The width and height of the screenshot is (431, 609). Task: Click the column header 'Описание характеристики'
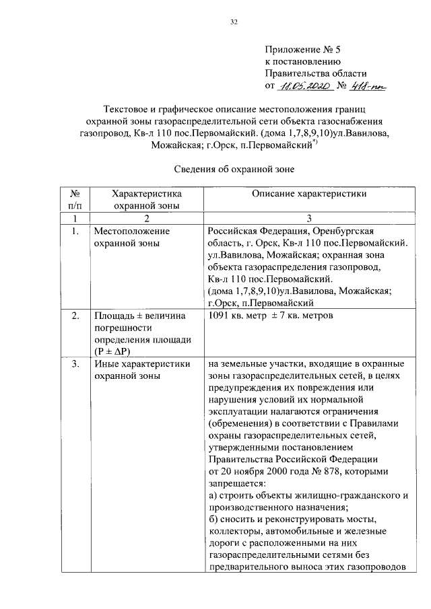tap(309, 194)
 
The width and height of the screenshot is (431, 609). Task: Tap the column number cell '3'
tap(309, 219)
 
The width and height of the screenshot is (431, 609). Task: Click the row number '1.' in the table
tap(75, 231)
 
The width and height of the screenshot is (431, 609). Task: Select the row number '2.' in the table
tap(75, 316)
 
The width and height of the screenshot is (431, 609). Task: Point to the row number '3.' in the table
tap(75, 364)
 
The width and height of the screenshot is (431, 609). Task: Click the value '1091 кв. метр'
tap(239, 316)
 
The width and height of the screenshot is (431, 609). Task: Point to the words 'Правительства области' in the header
tap(316, 73)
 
